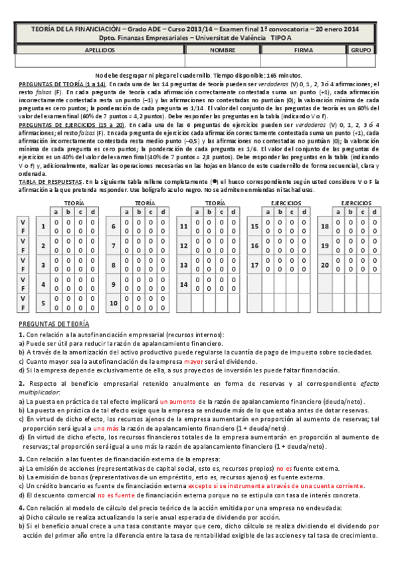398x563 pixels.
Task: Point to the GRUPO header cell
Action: click(x=361, y=50)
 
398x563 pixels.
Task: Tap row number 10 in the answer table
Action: click(x=114, y=303)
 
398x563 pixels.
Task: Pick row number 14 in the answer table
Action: click(x=184, y=283)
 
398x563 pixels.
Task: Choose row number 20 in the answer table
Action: click(x=325, y=264)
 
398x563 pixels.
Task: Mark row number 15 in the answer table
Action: click(x=254, y=226)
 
